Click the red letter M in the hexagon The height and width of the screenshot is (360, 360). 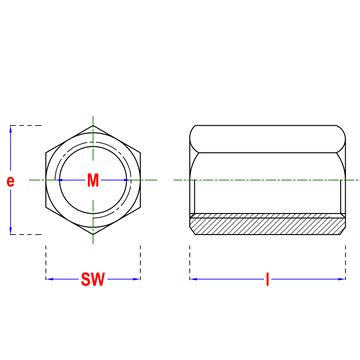tap(93, 180)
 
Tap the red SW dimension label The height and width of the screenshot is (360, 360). tap(93, 279)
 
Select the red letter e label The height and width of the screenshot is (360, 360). tap(11, 181)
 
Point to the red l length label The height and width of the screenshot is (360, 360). tap(267, 279)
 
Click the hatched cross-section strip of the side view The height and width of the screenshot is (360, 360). tap(267, 225)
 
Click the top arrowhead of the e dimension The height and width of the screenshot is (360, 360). tap(11, 129)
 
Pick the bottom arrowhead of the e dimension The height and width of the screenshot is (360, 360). tap(11, 230)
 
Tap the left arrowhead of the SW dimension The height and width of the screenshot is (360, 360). tap(50, 279)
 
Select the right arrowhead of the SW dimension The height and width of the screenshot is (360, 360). tap(136, 279)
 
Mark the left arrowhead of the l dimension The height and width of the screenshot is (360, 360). tap(194, 279)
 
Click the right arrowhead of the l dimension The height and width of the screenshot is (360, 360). tap(342, 279)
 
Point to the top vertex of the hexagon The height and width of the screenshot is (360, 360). tap(93, 126)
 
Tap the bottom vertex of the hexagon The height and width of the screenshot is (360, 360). tap(93, 235)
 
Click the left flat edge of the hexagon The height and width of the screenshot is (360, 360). tap(46, 180)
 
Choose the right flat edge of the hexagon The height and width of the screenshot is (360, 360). tap(140, 180)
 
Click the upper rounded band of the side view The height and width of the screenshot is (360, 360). tap(267, 139)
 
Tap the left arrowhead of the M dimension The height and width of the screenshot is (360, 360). tap(60, 180)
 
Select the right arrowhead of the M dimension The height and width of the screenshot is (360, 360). tap(126, 180)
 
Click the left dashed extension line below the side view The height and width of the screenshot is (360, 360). tap(190, 262)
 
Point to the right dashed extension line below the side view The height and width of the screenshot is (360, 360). tap(346, 262)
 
